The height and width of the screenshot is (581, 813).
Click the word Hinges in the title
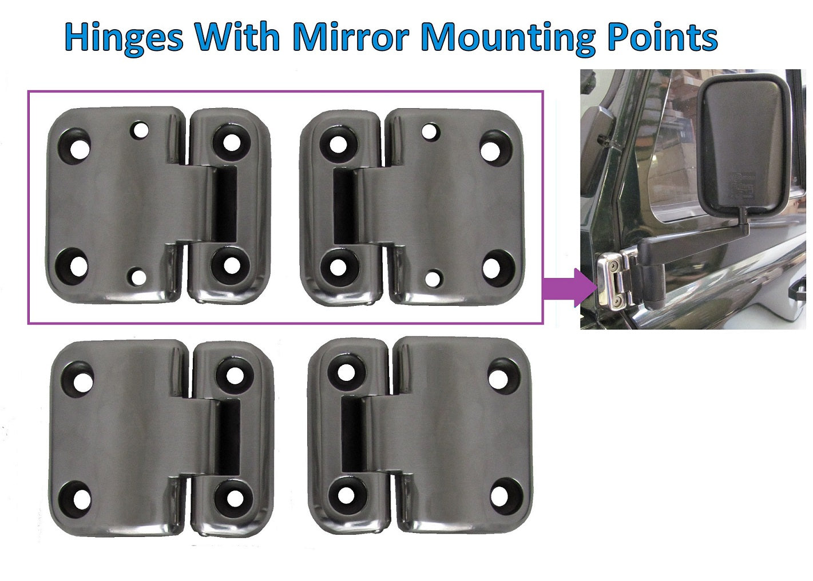click(124, 38)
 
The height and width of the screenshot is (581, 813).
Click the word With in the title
click(236, 38)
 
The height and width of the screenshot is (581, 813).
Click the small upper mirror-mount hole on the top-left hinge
click(139, 130)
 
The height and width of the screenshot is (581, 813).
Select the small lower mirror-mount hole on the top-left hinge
click(137, 277)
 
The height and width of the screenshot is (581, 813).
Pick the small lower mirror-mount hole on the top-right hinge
click(434, 278)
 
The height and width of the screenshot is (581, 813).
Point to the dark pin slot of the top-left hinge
click(224, 204)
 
